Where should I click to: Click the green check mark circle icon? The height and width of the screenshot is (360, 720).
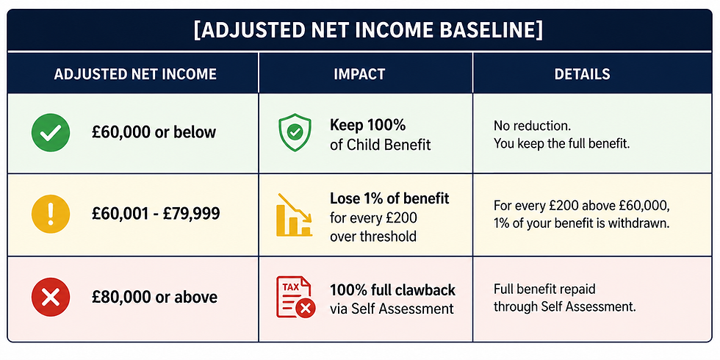click(x=51, y=133)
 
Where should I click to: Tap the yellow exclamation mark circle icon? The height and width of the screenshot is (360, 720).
click(x=51, y=214)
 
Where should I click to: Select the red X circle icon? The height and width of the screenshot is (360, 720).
click(x=51, y=297)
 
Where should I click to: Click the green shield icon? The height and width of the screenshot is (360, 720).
click(x=295, y=133)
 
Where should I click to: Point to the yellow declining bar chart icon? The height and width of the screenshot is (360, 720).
click(x=295, y=215)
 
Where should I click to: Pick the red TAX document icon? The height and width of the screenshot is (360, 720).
click(x=295, y=297)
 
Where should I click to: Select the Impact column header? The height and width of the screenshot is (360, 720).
click(x=359, y=74)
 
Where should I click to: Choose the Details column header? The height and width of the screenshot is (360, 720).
click(x=582, y=74)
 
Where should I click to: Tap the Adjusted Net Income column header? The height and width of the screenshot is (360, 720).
click(x=135, y=74)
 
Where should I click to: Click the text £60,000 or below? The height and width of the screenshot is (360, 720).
click(x=154, y=132)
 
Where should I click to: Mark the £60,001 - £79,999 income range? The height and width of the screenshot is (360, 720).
click(x=156, y=214)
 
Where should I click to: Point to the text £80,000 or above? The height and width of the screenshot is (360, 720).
click(x=154, y=297)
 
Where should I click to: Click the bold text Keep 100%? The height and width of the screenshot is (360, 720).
click(x=368, y=124)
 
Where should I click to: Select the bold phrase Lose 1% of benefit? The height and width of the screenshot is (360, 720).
click(x=389, y=198)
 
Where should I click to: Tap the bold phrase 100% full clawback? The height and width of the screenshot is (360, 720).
click(x=392, y=289)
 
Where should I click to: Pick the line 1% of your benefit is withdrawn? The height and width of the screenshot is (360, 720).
click(x=582, y=225)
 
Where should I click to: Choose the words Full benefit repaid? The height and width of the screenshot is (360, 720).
click(x=544, y=289)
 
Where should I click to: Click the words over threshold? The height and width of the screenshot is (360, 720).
click(x=373, y=236)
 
